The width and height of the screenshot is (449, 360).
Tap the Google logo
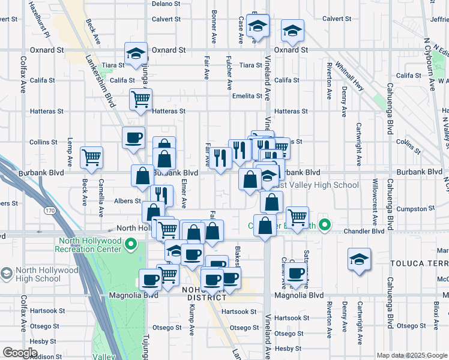[20, 352]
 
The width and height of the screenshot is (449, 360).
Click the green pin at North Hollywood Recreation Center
[134, 244]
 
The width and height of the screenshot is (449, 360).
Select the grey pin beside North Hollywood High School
[7, 274]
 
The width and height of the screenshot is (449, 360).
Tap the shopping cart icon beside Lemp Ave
[92, 157]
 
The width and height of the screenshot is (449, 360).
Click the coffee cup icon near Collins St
[133, 137]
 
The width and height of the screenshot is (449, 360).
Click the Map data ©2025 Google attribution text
[412, 355]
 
